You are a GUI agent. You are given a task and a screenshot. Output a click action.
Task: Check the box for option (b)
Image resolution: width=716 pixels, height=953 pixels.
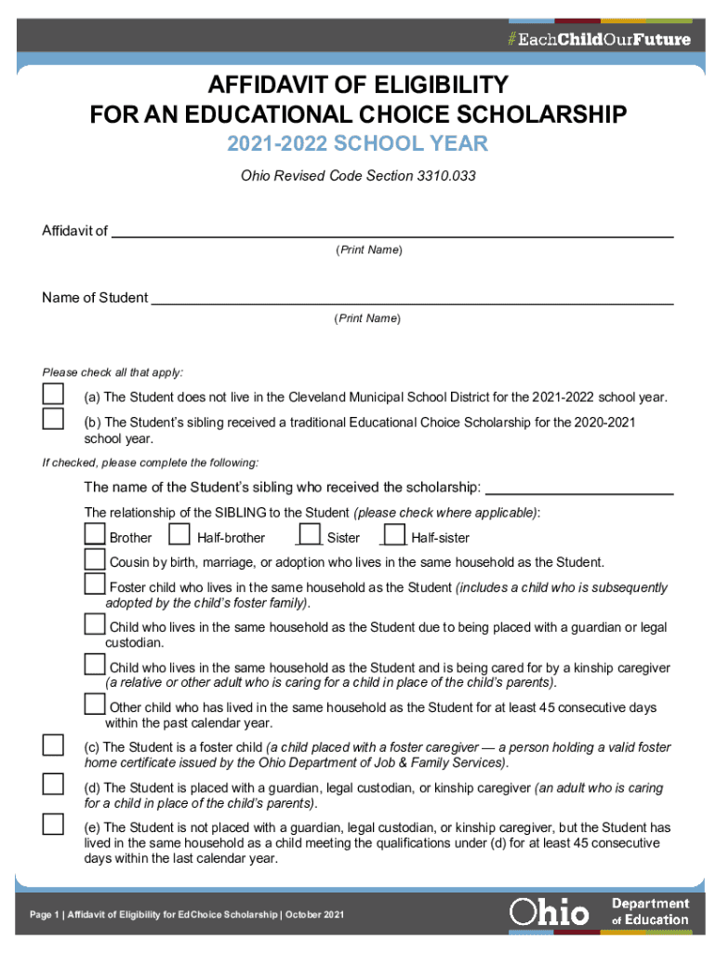(x=53, y=419)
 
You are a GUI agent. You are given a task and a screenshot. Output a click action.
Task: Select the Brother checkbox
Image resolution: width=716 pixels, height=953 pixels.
(x=95, y=535)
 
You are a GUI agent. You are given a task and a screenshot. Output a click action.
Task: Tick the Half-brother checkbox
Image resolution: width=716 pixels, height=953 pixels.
(x=179, y=535)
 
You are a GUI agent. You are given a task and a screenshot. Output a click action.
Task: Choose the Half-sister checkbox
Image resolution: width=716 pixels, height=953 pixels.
(x=394, y=535)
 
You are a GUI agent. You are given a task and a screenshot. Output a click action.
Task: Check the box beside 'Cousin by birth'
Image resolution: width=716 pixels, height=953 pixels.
(x=95, y=559)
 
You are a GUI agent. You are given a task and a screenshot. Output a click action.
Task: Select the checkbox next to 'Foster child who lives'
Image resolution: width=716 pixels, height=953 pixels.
(x=95, y=584)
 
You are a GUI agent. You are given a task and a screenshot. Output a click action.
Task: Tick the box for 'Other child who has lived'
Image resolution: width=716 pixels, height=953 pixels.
(x=95, y=704)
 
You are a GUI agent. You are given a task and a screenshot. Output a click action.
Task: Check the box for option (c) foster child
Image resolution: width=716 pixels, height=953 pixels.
(x=53, y=745)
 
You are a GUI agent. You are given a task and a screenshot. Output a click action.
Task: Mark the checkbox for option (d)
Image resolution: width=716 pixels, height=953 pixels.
(x=53, y=785)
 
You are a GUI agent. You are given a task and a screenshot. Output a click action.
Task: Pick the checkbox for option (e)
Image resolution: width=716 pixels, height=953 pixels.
(x=53, y=824)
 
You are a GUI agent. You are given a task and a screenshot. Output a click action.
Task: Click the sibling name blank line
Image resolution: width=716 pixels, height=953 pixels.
(x=579, y=487)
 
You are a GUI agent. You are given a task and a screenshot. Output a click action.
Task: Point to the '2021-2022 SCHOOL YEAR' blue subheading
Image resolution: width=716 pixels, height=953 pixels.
(x=358, y=144)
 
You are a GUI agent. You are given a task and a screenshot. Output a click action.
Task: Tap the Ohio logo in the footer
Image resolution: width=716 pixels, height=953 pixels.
(x=549, y=912)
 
